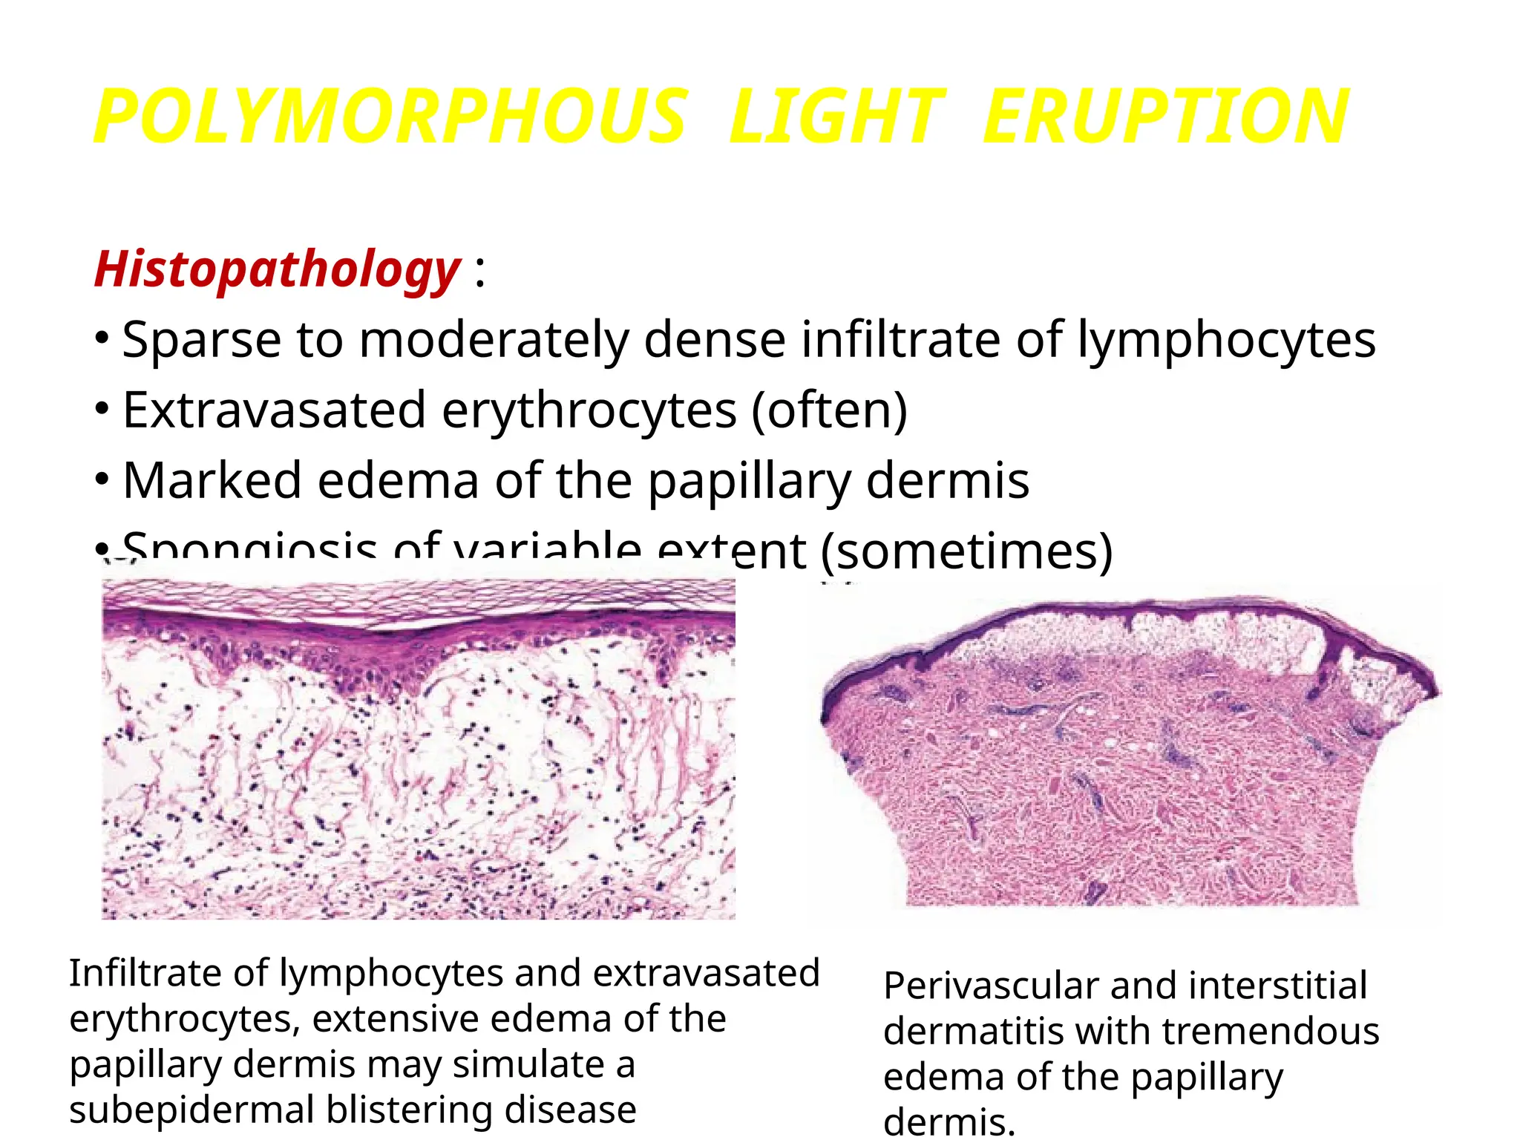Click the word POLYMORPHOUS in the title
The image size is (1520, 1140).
[390, 117]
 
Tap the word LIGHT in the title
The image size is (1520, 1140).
[836, 117]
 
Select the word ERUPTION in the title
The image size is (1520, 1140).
[1165, 117]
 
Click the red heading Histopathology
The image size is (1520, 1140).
[278, 269]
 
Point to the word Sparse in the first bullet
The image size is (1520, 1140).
[201, 340]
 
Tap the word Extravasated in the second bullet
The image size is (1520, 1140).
[274, 410]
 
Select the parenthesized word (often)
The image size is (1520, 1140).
[829, 410]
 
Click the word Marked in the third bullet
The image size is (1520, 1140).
[212, 480]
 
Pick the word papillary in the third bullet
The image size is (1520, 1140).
[749, 480]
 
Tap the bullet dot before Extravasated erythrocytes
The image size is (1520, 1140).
[102, 409]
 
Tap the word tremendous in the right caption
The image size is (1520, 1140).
[1270, 1032]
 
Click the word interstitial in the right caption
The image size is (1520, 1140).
[1277, 986]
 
